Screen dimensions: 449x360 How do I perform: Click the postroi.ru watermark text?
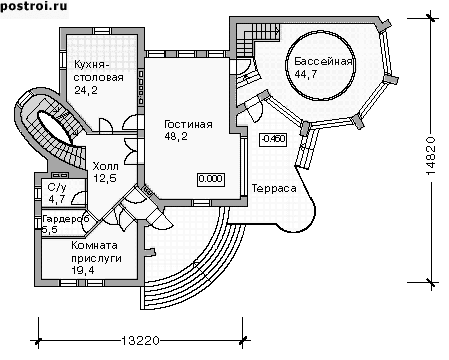tap(34, 7)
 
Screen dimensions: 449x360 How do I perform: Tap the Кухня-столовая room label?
tap(98, 71)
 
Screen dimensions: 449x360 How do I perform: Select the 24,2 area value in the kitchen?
tap(86, 90)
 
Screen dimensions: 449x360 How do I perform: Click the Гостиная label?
tap(188, 124)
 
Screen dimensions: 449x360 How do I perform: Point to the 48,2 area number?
tap(176, 136)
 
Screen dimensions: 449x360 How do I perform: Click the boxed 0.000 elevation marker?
tap(211, 179)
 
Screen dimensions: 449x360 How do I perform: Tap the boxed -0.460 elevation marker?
tap(273, 139)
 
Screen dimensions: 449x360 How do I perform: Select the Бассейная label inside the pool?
tap(323, 62)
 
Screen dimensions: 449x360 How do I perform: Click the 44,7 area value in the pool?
tap(306, 74)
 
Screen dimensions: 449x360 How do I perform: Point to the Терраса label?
tap(274, 189)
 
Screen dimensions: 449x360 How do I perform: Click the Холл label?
tap(105, 166)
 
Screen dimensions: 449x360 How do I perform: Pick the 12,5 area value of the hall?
tap(105, 178)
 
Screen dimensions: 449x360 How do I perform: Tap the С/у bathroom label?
tap(57, 187)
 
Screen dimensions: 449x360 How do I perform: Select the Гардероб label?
tap(66, 219)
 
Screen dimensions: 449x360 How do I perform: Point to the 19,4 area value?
tap(83, 270)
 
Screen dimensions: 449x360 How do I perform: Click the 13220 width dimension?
tap(140, 341)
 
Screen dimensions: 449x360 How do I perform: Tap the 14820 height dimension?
tap(431, 156)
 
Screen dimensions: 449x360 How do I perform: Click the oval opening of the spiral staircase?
tap(54, 126)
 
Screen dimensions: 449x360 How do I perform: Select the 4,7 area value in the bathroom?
tap(57, 200)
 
